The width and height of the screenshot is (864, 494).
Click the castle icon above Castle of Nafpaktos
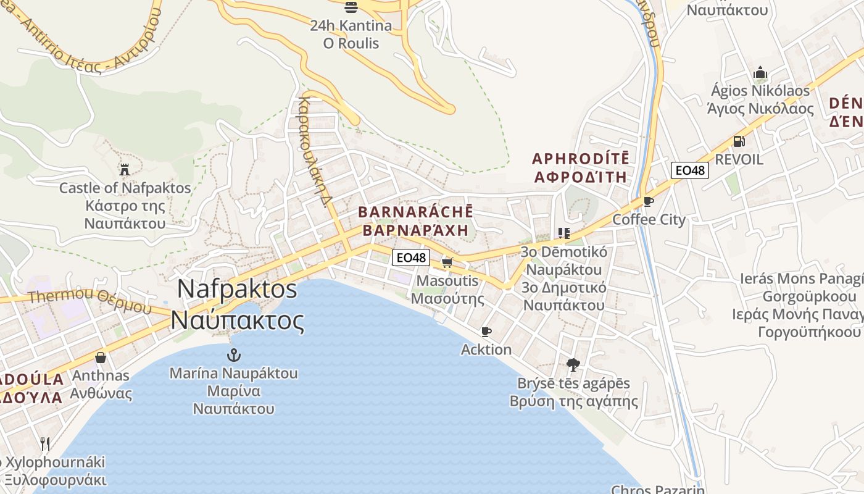125,169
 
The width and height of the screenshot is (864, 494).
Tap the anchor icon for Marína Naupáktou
233,354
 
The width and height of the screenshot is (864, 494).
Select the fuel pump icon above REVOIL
738,141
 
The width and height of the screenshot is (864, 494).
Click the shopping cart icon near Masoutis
447,262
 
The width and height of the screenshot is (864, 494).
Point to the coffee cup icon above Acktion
486,332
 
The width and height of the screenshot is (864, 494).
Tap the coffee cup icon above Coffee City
648,201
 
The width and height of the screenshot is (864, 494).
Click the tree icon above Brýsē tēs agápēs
573,364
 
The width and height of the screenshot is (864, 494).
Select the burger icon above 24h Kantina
351,7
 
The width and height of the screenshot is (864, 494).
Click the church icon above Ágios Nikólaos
760,73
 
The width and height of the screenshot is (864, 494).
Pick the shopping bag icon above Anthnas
101,358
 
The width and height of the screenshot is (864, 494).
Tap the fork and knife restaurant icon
44,443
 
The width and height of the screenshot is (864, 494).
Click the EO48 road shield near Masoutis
410,257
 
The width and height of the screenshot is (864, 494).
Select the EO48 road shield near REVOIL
690,170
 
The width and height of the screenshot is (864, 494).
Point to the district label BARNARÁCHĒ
415,212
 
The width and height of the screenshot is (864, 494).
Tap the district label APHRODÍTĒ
581,159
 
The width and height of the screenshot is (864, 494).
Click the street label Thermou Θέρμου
90,300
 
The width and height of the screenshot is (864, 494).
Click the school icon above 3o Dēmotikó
563,233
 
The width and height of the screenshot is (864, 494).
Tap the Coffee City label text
649,219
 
